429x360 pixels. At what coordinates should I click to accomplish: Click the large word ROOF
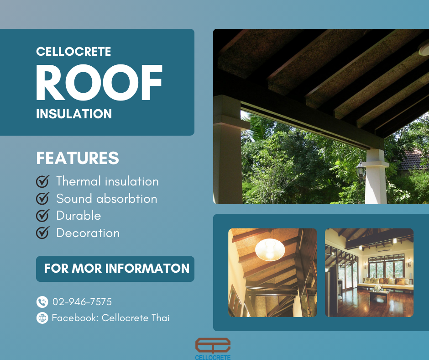[99, 83]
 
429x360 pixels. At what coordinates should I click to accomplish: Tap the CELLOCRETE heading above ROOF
[73, 52]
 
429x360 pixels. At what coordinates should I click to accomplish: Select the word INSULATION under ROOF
[74, 114]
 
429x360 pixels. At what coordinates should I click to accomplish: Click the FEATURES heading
[78, 158]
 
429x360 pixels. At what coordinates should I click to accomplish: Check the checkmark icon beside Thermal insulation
[43, 181]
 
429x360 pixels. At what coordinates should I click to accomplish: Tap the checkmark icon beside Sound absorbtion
[43, 198]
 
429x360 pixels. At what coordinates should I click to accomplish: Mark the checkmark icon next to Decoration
[43, 233]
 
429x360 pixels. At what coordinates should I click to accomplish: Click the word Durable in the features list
[78, 216]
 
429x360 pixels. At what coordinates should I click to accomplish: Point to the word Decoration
[88, 233]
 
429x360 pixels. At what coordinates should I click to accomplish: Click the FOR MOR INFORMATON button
[115, 269]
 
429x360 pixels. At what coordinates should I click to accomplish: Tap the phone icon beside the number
[42, 302]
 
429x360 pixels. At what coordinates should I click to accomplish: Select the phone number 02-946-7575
[82, 302]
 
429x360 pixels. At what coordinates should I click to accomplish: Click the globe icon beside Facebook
[42, 318]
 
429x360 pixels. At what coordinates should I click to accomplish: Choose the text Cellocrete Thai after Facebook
[136, 318]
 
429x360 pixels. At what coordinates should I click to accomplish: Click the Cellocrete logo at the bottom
[213, 349]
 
